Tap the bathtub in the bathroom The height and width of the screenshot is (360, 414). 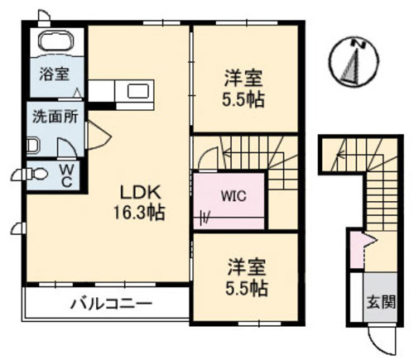(x=55, y=42)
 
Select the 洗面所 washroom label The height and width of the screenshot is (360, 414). (x=55, y=115)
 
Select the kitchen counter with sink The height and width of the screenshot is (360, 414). (x=120, y=90)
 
